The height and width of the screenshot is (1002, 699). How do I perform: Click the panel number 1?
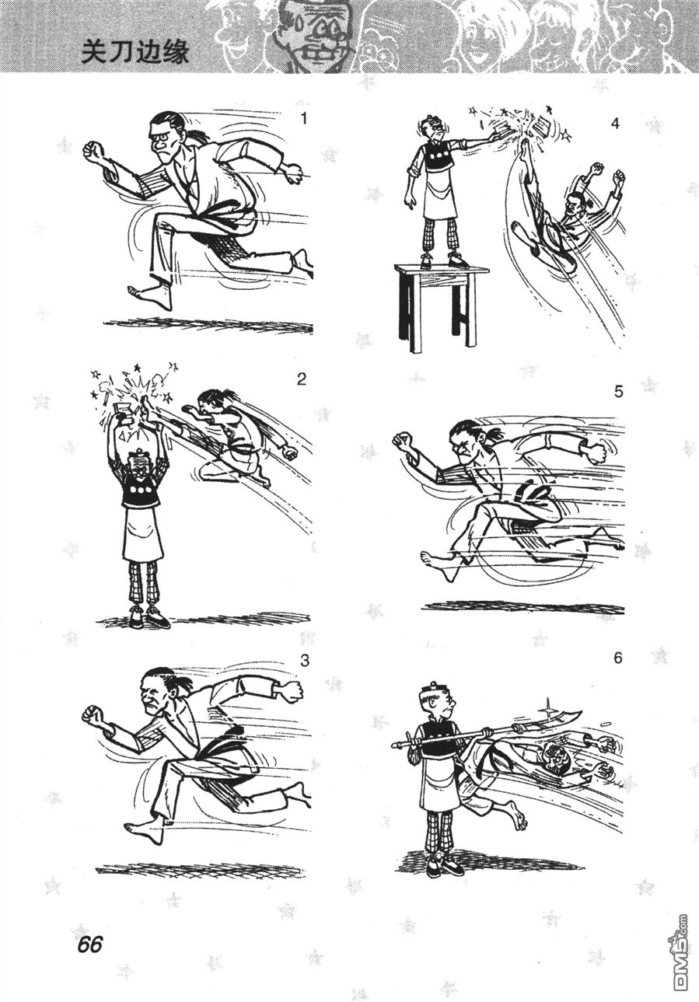pos(304,119)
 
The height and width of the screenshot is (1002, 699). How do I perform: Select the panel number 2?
pos(302,379)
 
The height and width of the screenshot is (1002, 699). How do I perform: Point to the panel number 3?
pos(305,662)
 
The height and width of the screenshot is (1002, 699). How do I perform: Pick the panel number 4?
pos(615,124)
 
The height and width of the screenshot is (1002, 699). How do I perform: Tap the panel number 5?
pos(618,392)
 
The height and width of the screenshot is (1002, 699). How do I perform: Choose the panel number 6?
pos(618,658)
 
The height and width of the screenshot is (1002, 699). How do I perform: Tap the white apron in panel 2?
pos(144,532)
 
